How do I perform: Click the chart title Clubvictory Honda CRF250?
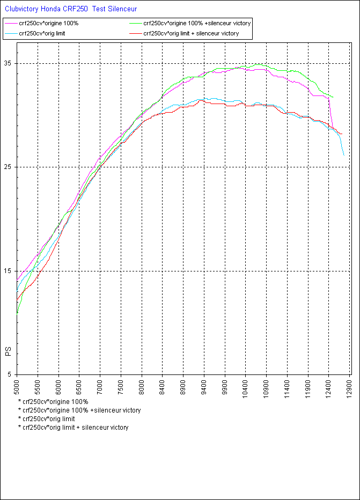coord(71,9)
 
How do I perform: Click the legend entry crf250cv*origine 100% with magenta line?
coord(48,24)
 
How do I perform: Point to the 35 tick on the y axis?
coord(9,63)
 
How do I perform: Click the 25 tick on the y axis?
coord(9,167)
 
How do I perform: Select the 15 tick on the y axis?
coord(9,271)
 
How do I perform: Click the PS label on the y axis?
coord(8,352)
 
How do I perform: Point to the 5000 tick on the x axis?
coord(17,387)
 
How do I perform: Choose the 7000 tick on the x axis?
coord(100,387)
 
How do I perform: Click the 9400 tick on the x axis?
coord(204,387)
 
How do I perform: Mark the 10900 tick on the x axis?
coord(267,387)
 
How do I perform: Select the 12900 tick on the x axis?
coord(350,387)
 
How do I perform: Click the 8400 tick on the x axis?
coord(163,387)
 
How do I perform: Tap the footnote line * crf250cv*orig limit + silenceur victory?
coord(73,428)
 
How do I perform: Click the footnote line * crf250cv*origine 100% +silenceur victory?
coord(79,410)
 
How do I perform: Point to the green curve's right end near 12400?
coord(333,97)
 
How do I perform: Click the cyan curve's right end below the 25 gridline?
coord(344,155)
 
